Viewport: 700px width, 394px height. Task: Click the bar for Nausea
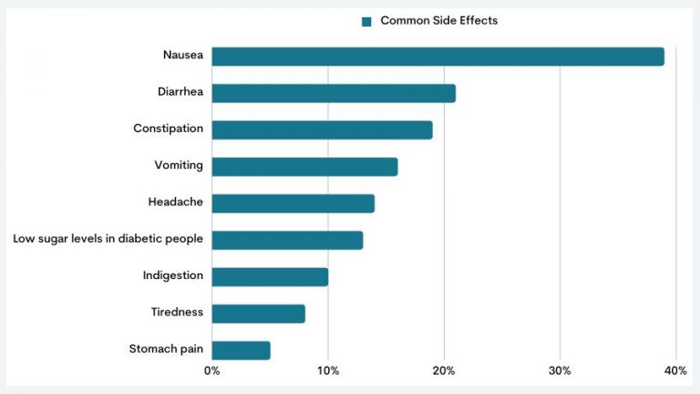[437, 57]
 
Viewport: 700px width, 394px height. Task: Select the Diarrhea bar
[334, 93]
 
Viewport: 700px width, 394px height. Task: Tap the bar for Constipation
[322, 130]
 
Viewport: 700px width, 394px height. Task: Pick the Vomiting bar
[304, 166]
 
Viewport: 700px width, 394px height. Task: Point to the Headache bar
[293, 203]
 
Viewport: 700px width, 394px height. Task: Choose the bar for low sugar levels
[287, 240]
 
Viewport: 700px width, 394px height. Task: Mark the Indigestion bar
[270, 276]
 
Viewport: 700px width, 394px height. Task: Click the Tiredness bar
[258, 314]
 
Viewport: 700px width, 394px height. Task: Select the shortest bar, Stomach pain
[241, 350]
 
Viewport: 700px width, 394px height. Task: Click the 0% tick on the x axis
[211, 371]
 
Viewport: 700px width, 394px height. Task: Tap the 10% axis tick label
[328, 371]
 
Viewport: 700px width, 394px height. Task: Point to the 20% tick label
[444, 371]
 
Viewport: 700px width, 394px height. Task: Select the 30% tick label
[560, 371]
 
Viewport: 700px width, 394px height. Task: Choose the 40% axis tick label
[675, 371]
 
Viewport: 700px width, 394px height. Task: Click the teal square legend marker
[366, 21]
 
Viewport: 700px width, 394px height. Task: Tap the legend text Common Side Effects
[438, 21]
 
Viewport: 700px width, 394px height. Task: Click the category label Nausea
[182, 55]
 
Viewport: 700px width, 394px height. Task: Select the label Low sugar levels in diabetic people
[108, 239]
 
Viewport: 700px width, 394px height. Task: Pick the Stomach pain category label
[166, 349]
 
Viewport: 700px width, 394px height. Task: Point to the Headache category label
[176, 202]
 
